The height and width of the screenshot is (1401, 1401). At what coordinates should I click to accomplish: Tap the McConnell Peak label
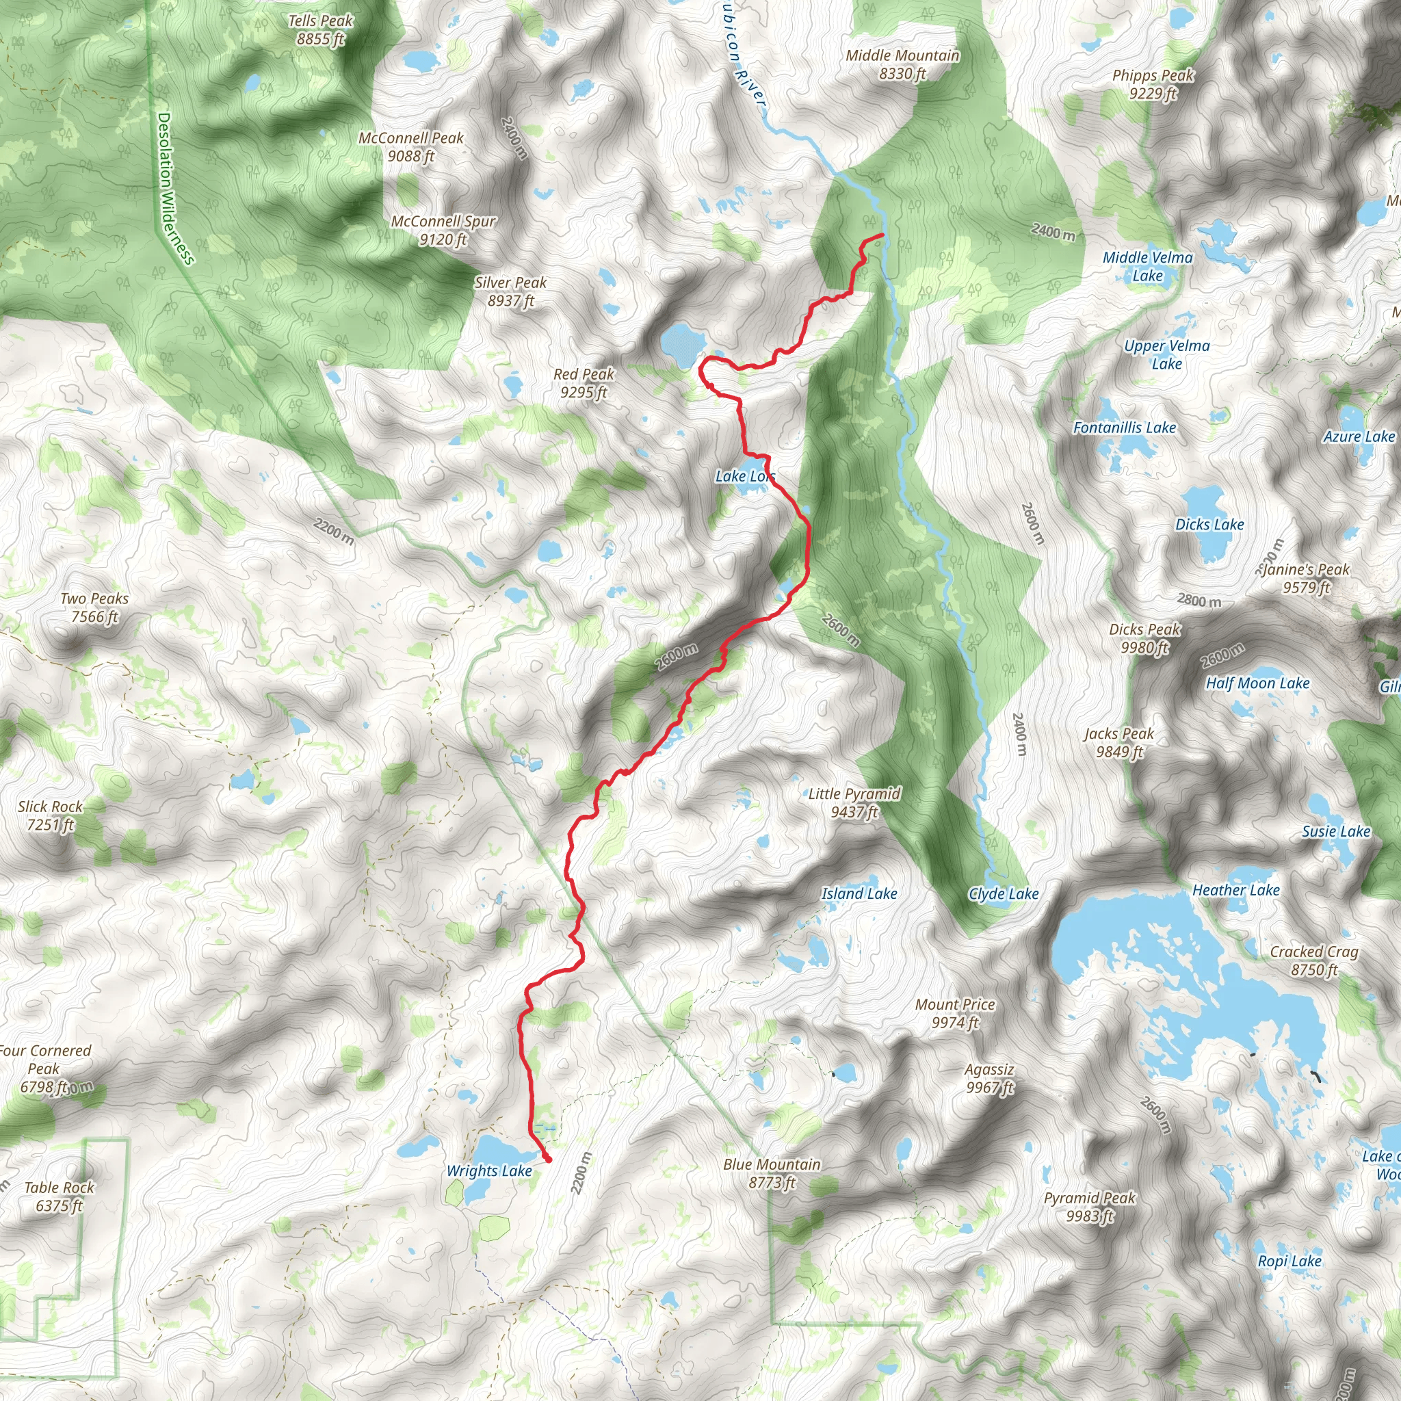coord(410,146)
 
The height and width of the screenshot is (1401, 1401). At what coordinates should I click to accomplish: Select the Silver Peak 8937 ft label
coord(510,291)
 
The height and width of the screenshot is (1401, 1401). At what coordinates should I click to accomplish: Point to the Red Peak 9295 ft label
coord(584,383)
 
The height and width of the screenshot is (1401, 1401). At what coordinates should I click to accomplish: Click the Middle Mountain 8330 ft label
coord(902,64)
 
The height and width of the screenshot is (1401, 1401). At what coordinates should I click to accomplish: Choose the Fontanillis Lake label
coord(1124,428)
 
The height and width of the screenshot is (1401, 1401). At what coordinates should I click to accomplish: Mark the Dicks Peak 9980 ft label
coord(1145,638)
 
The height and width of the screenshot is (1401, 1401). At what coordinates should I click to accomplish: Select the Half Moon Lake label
coord(1257,683)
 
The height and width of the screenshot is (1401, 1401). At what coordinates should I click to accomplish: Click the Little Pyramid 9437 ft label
coord(854,802)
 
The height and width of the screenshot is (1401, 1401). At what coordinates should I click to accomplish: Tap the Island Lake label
coord(859,893)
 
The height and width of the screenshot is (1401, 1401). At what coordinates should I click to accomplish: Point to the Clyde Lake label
coord(1004,893)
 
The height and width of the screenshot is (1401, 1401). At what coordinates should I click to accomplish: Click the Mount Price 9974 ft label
coord(954,1013)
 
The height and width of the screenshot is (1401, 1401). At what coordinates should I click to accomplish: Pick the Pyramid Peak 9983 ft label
coord(1089,1207)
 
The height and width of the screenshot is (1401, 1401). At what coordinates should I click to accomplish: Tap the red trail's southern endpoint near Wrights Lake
coord(547,1160)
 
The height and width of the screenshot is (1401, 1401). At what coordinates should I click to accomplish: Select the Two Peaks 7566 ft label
coord(94,607)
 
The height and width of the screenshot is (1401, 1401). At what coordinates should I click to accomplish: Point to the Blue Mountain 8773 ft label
coord(772,1173)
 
